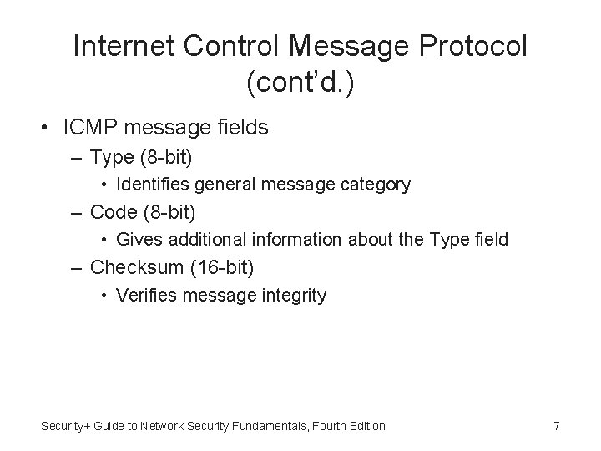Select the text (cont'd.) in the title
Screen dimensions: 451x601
tap(300, 83)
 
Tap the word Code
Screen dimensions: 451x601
tap(113, 212)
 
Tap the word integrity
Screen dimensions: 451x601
tap(295, 295)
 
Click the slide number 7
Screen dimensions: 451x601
tap(556, 426)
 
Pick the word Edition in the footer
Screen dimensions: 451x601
tap(366, 426)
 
